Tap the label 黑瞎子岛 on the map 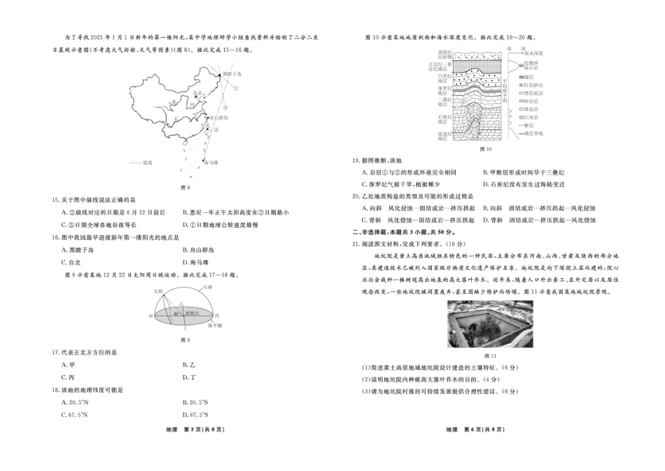[x=231, y=73]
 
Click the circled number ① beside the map [x=236, y=89]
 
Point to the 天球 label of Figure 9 [x=207, y=287]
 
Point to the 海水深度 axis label [x=535, y=53]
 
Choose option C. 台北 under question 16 [x=70, y=262]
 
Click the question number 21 [x=356, y=243]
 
